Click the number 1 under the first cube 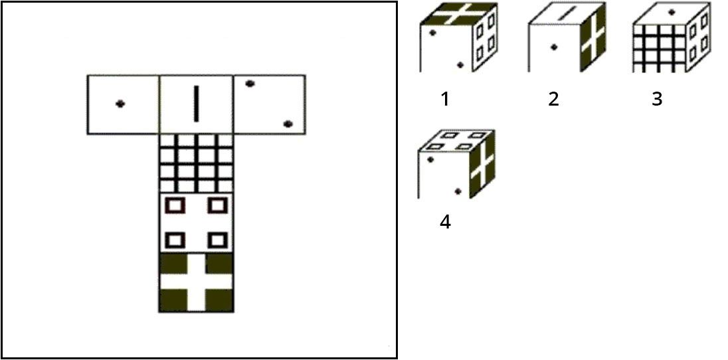tap(445, 98)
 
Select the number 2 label tap(553, 98)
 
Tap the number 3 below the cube tap(656, 98)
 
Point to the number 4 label tap(445, 222)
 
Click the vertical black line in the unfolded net tap(196, 104)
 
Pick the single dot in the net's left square tap(120, 104)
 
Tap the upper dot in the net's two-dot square tap(250, 84)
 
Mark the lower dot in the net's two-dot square tap(288, 124)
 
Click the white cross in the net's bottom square tap(196, 282)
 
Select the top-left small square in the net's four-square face tap(175, 205)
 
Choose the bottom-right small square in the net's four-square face tap(217, 240)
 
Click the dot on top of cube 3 tap(671, 13)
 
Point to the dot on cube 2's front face tap(553, 47)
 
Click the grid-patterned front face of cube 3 tap(659, 48)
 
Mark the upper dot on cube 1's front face tap(432, 33)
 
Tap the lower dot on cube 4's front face tap(458, 191)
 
